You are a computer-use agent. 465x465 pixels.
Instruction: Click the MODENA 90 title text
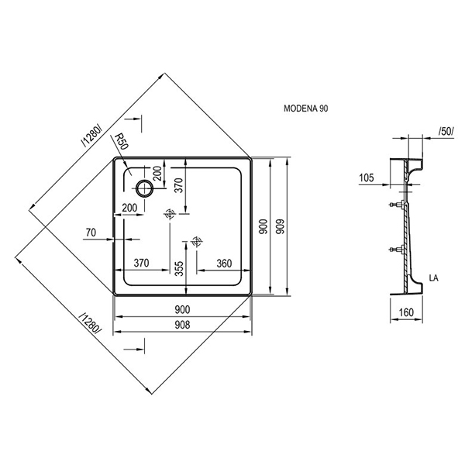click(x=306, y=108)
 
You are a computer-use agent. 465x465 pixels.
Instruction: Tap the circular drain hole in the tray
click(x=144, y=188)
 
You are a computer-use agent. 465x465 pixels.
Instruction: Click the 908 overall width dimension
click(x=182, y=325)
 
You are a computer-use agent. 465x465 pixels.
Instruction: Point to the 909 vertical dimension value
click(x=280, y=226)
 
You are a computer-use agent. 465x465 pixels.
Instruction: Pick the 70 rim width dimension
click(x=91, y=232)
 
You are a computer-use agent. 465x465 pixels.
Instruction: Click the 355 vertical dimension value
click(x=179, y=268)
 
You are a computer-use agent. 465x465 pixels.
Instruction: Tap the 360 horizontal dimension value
click(x=224, y=263)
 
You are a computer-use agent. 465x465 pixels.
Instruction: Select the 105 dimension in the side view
click(x=367, y=178)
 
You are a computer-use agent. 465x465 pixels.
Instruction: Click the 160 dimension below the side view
click(x=406, y=312)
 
